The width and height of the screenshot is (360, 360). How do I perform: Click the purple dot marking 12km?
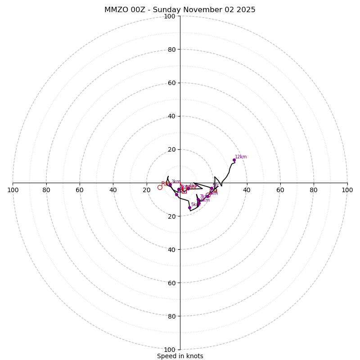click(234, 160)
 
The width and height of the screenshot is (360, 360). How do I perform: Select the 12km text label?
click(241, 157)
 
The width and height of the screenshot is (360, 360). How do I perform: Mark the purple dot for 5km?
click(189, 207)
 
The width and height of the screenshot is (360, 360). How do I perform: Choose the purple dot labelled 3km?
click(170, 184)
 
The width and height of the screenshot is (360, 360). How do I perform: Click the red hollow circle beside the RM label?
click(160, 187)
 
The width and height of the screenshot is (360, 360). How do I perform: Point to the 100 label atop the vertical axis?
click(169, 16)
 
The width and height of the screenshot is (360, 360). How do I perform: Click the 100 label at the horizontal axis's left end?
click(13, 190)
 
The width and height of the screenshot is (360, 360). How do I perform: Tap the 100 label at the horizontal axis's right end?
click(347, 190)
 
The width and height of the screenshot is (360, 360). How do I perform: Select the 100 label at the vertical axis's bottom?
click(169, 349)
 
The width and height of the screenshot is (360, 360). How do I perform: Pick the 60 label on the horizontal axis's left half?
click(80, 190)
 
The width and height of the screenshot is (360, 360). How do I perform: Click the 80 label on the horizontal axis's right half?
click(314, 190)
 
